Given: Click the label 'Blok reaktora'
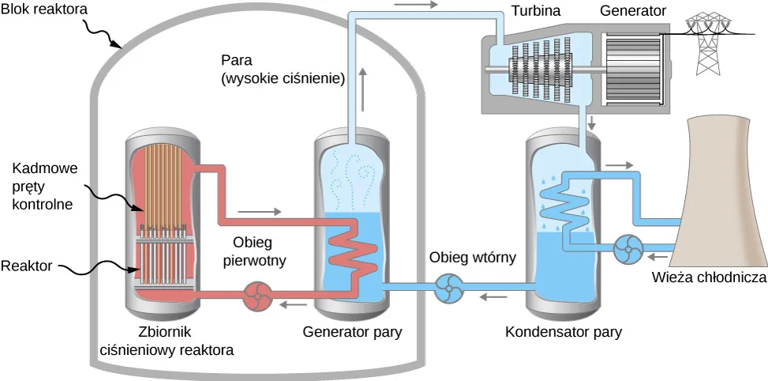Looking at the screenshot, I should tap(43, 12).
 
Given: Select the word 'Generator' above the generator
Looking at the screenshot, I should tap(633, 12).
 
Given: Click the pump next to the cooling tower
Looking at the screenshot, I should tap(629, 251).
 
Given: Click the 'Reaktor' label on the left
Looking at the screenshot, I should tap(27, 266).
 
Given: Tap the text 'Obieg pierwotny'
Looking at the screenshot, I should tap(253, 251).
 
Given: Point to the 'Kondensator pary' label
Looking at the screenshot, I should tap(563, 332).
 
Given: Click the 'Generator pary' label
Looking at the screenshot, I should tap(353, 332).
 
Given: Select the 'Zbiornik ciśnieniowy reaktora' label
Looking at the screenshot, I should tap(167, 340).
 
